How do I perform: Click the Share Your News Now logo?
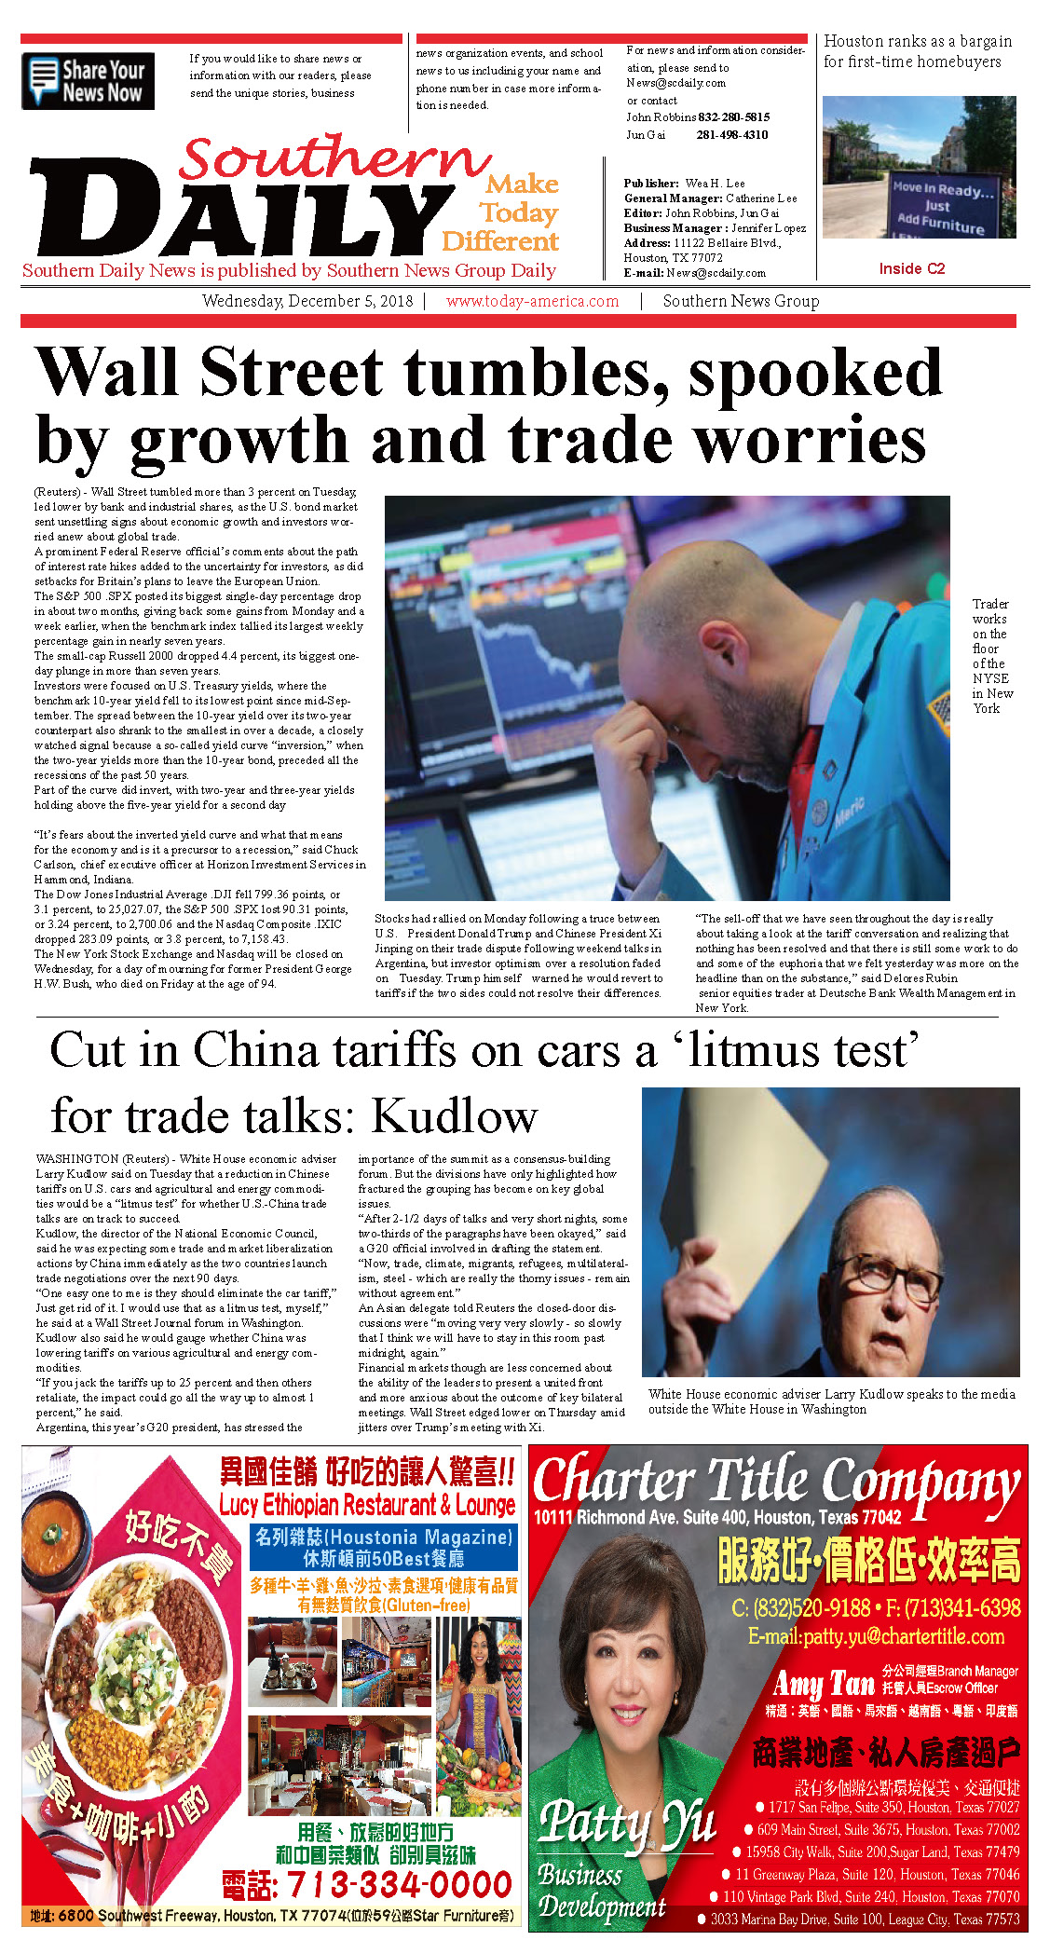[88, 81]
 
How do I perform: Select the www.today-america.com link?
[532, 301]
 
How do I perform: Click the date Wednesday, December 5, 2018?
[307, 301]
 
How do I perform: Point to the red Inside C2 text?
[911, 268]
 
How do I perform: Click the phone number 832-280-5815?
[733, 117]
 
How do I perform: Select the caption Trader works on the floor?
[991, 656]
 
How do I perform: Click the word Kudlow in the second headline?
[455, 1115]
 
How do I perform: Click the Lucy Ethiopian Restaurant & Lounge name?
[367, 1504]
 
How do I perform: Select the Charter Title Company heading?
[776, 1480]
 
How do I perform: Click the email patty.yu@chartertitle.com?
[876, 1636]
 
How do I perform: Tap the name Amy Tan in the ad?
[823, 1683]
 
